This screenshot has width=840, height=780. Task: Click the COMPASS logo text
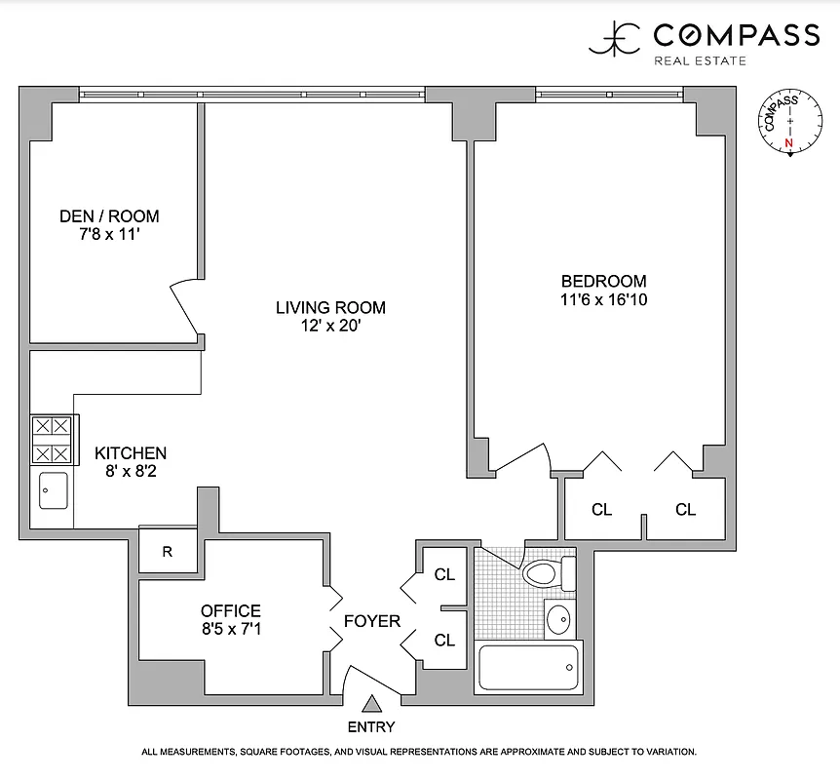click(735, 36)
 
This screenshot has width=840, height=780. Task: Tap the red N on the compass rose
click(789, 142)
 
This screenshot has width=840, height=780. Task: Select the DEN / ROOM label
click(109, 216)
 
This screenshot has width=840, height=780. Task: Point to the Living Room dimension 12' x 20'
click(330, 327)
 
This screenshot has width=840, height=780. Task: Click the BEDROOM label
click(597, 281)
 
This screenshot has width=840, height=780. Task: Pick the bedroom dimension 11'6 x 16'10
click(597, 300)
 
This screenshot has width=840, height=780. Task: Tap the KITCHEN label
click(131, 453)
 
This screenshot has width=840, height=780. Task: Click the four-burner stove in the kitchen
click(52, 440)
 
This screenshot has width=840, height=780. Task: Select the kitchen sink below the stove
click(53, 490)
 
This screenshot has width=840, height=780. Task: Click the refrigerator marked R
click(168, 552)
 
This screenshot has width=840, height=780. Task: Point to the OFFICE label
click(231, 611)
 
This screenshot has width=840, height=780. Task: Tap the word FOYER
click(372, 621)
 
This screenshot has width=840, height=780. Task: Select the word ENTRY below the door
click(371, 726)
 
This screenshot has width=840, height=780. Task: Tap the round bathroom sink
click(558, 618)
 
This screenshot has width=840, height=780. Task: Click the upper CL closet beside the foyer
click(444, 575)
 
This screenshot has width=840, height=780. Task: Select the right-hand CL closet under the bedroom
click(686, 509)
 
